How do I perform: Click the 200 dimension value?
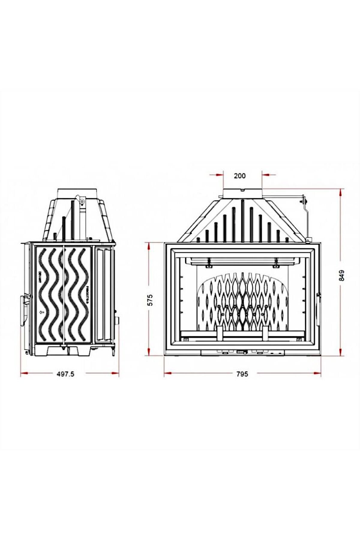239,176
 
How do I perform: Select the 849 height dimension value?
342,275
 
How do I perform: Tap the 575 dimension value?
150,300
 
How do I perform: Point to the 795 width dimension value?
242,374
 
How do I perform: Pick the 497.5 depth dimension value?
65,374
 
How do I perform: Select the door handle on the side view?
23,310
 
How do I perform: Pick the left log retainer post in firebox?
219,333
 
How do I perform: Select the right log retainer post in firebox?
265,333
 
